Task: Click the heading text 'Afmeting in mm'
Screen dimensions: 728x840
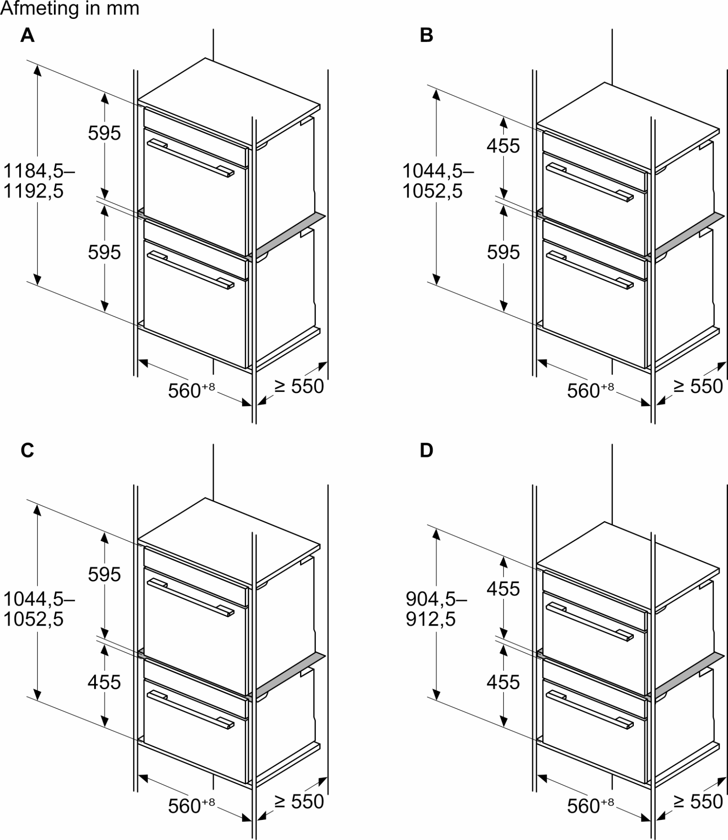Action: pyautogui.click(x=70, y=9)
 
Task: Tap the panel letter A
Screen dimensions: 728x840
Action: pyautogui.click(x=27, y=35)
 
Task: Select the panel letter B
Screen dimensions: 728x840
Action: pyautogui.click(x=426, y=35)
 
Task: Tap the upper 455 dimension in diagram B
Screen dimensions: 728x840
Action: pyautogui.click(x=503, y=146)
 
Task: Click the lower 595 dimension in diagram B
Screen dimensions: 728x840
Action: pyautogui.click(x=503, y=252)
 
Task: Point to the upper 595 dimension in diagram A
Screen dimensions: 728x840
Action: pyautogui.click(x=104, y=133)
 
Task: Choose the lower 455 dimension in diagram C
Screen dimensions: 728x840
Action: pyautogui.click(x=104, y=682)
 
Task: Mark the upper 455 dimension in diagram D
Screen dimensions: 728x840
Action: pyautogui.click(x=503, y=589)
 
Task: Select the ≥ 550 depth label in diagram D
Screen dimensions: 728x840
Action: pyautogui.click(x=698, y=801)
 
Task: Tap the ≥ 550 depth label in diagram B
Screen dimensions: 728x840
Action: pyautogui.click(x=698, y=386)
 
